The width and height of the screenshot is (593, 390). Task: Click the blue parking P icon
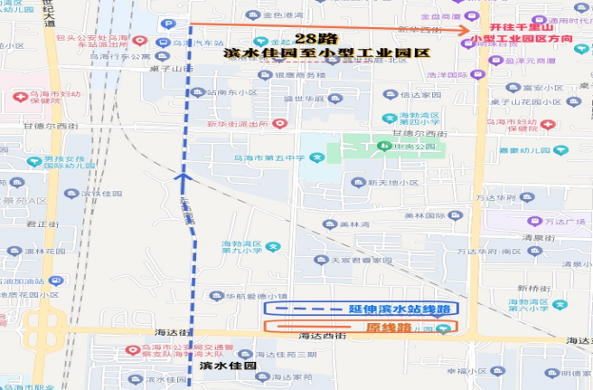click(168, 24)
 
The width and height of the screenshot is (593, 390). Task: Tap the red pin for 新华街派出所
click(280, 123)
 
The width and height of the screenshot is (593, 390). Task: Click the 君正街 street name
click(39, 223)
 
